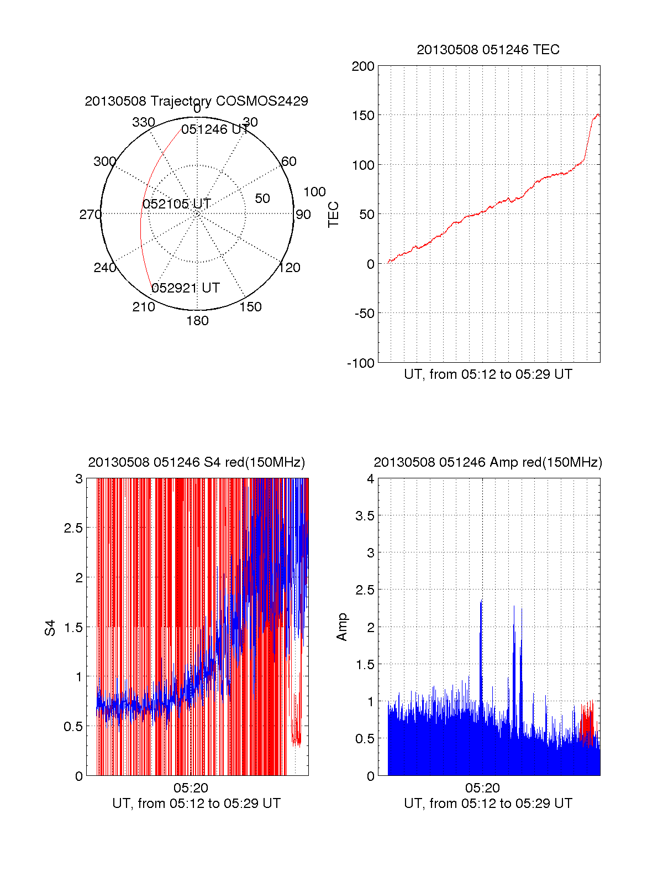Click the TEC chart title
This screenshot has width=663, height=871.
click(488, 50)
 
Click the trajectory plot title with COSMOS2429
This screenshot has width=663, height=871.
click(196, 101)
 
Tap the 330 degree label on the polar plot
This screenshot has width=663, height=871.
click(143, 122)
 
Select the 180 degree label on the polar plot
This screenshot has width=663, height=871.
click(197, 321)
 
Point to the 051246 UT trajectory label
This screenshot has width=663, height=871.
click(215, 129)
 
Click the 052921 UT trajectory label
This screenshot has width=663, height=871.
click(186, 288)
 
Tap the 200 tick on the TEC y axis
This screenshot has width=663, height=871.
click(363, 67)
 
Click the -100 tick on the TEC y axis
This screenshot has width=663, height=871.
click(361, 363)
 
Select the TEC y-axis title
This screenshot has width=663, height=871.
click(334, 215)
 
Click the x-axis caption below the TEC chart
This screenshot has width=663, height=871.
click(488, 374)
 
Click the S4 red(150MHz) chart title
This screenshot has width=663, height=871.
click(196, 462)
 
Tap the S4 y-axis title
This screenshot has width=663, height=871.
click(50, 628)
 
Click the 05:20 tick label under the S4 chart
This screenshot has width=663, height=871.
click(191, 788)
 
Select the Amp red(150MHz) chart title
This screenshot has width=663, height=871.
click(488, 462)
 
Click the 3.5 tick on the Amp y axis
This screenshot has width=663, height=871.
click(365, 516)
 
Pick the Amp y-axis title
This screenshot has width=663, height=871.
click(342, 627)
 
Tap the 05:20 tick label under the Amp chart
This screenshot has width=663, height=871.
click(482, 788)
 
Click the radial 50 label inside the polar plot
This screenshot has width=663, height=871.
click(262, 199)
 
